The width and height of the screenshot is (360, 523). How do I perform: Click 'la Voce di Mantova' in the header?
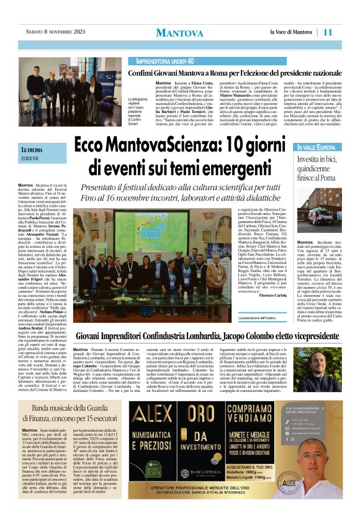[292, 32]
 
